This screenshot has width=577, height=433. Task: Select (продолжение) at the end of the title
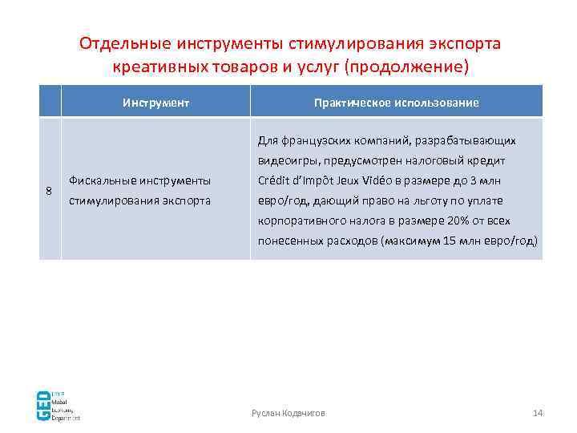(x=405, y=66)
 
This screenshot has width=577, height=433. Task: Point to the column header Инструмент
(x=156, y=103)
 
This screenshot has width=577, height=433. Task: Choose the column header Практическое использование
(x=396, y=103)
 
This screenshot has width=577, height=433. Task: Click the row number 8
(x=49, y=191)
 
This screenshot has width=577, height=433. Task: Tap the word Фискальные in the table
(x=99, y=180)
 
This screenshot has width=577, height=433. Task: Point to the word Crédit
(x=275, y=180)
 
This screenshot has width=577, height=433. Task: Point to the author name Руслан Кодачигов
(x=288, y=413)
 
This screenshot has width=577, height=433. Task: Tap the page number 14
(x=538, y=413)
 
